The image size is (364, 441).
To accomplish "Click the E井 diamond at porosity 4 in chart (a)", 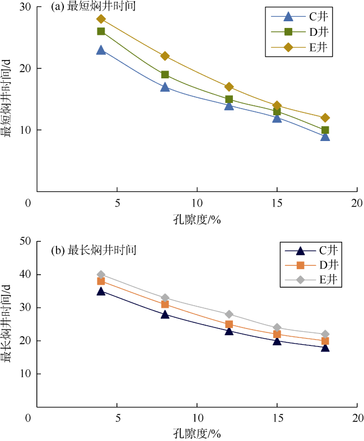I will pyautogui.click(x=101, y=19).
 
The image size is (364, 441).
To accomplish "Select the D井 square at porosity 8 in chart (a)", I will pyautogui.click(x=165, y=74).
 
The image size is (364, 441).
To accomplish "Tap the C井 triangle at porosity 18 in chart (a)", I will pyautogui.click(x=325, y=136).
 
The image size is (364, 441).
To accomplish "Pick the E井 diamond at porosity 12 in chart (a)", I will pyautogui.click(x=229, y=87).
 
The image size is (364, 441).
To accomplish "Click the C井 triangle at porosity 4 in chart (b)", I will pyautogui.click(x=101, y=291).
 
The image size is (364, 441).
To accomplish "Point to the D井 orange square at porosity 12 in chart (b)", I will pyautogui.click(x=229, y=324).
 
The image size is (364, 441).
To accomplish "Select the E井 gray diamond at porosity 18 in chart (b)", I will pyautogui.click(x=325, y=334).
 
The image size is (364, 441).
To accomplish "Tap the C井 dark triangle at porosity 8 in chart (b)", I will pyautogui.click(x=165, y=314).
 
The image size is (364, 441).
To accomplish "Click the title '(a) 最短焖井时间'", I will pyautogui.click(x=92, y=7).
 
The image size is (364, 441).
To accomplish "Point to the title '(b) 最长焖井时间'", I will pyautogui.click(x=93, y=250).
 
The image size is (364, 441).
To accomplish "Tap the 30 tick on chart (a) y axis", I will pyautogui.click(x=26, y=7).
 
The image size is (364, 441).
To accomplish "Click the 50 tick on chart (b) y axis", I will pyautogui.click(x=26, y=241).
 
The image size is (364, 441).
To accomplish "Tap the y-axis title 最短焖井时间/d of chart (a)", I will pyautogui.click(x=8, y=99).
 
